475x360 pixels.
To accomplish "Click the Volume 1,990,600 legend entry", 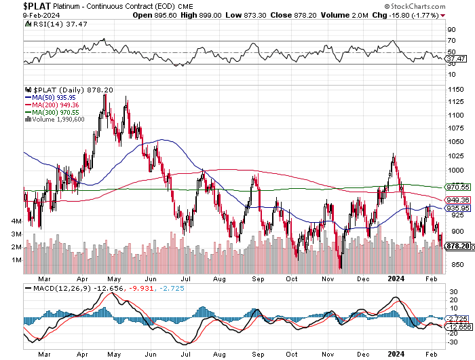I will click(54, 120).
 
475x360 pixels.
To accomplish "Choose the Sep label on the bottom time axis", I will click(256, 278).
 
